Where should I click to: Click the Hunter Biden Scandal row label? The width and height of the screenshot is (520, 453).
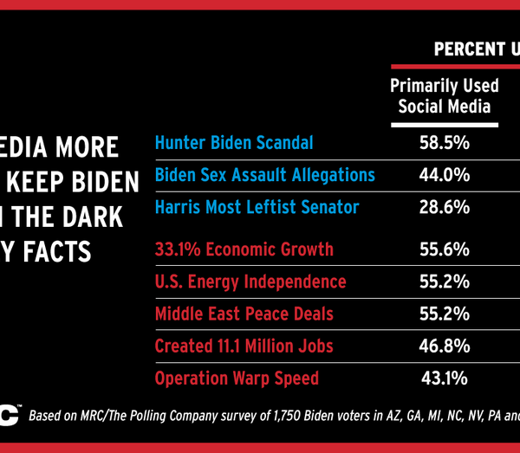pyautogui.click(x=234, y=143)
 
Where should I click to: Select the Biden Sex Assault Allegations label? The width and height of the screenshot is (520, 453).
pyautogui.click(x=264, y=175)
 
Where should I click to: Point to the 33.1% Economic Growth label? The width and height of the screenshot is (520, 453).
pyautogui.click(x=244, y=249)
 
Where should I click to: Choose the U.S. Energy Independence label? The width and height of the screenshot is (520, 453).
pyautogui.click(x=250, y=282)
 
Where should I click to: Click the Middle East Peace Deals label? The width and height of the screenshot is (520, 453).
pyautogui.click(x=244, y=314)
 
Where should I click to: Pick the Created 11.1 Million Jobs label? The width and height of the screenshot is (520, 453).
pyautogui.click(x=244, y=346)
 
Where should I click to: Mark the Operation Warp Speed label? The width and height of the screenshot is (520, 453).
pyautogui.click(x=237, y=378)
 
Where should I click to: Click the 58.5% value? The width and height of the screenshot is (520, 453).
pyautogui.click(x=444, y=143)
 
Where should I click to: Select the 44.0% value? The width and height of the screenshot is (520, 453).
pyautogui.click(x=444, y=175)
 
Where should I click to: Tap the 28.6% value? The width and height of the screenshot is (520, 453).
pyautogui.click(x=444, y=207)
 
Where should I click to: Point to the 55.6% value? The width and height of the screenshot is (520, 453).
pyautogui.click(x=444, y=249)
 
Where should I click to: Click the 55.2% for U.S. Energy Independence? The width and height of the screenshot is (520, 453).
pyautogui.click(x=444, y=282)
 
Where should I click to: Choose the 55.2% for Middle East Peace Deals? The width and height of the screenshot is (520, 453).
pyautogui.click(x=444, y=314)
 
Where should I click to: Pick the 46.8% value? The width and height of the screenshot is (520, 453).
pyautogui.click(x=444, y=346)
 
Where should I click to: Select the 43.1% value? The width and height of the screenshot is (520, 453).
pyautogui.click(x=444, y=378)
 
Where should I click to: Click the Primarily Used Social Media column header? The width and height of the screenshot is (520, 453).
pyautogui.click(x=444, y=95)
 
